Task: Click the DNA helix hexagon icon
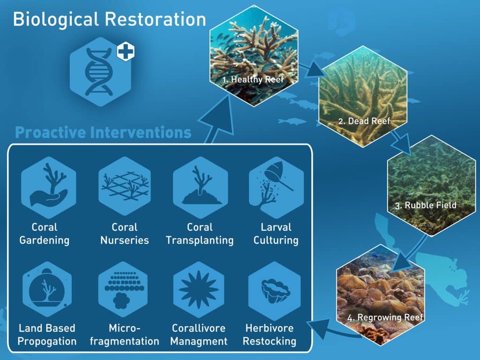pyautogui.click(x=100, y=72)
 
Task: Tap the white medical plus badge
pyautogui.click(x=126, y=51)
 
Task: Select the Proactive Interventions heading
pyautogui.click(x=103, y=133)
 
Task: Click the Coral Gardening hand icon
pyautogui.click(x=49, y=187)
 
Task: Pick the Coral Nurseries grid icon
pyautogui.click(x=125, y=186)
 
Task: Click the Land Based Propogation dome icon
pyautogui.click(x=47, y=289)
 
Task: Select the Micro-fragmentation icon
pyautogui.click(x=124, y=289)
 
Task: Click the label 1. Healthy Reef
pyautogui.click(x=253, y=80)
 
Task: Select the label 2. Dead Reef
pyautogui.click(x=364, y=121)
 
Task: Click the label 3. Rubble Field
pyautogui.click(x=426, y=205)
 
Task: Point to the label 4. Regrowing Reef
pyautogui.click(x=385, y=317)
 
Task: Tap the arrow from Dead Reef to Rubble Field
pyautogui.click(x=402, y=142)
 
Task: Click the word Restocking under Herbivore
pyautogui.click(x=270, y=341)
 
